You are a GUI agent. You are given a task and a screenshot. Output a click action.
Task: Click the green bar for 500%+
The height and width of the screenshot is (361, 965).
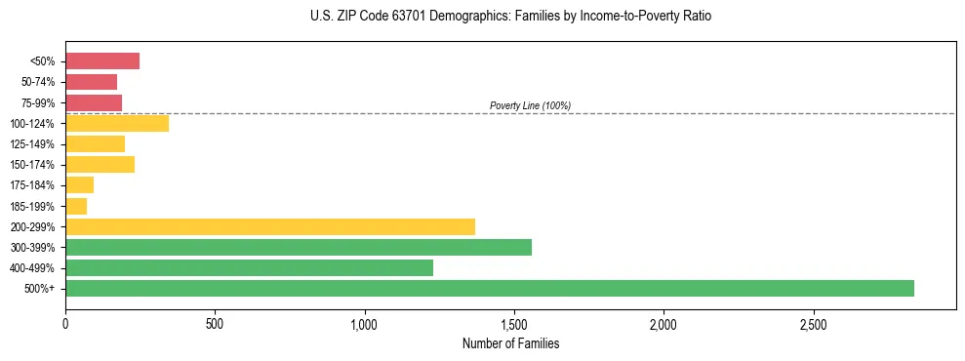[489, 288]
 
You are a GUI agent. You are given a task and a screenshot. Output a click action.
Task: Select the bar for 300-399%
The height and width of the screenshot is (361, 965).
[298, 247]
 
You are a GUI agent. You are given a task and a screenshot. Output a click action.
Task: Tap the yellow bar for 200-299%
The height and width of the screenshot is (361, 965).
[269, 226]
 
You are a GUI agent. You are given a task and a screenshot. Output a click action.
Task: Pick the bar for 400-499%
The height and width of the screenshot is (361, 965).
[249, 267]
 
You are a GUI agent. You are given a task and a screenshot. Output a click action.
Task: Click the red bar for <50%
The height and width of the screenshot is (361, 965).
[101, 61]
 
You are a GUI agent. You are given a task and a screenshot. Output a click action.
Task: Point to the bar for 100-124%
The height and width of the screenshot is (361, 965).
[116, 123]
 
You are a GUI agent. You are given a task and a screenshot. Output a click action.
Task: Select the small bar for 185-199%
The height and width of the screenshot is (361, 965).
[76, 206]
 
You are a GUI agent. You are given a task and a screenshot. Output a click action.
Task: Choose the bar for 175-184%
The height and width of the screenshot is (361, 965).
[79, 185]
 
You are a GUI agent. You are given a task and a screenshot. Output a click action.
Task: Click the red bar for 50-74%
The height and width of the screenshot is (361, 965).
[91, 82]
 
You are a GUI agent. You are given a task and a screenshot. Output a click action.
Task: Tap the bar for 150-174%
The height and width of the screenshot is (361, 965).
[100, 165]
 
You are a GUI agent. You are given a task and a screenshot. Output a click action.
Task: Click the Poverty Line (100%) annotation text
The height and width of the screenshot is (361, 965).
[530, 105]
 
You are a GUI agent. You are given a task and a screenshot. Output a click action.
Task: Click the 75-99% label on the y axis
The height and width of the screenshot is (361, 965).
[37, 102]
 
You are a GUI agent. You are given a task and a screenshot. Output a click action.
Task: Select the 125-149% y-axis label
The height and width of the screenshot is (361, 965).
[34, 144]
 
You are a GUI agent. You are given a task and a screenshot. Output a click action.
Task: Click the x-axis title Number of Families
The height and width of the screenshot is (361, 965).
[510, 343]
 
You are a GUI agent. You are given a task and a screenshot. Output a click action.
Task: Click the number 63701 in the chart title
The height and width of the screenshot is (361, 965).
[393, 18]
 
